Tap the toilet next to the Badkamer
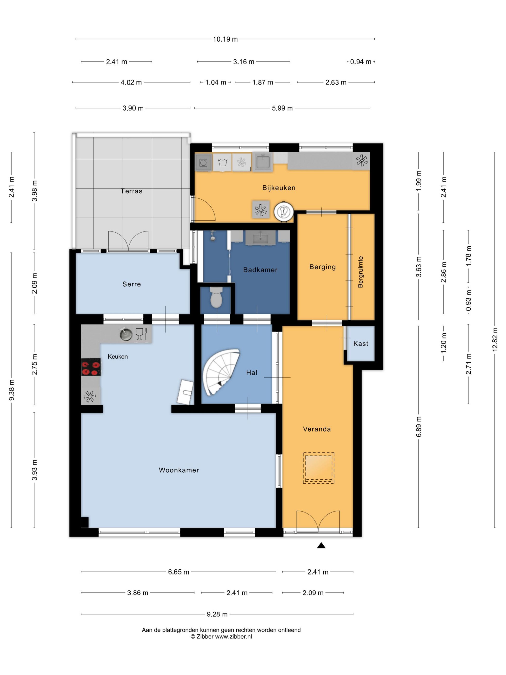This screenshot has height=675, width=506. point(216,297)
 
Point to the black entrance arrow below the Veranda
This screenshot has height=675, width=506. point(321,545)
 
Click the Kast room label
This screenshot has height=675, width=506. point(360,344)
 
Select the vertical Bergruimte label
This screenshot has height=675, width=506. point(360,272)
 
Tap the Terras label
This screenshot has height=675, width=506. point(132,191)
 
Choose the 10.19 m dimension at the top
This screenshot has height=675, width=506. point(225,39)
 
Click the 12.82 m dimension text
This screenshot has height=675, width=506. point(495,339)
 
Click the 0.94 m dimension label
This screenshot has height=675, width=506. point(360,62)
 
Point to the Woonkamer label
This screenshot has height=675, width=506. point(179,470)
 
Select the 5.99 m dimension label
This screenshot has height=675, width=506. point(282,108)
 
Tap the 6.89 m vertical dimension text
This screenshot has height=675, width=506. point(419,427)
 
